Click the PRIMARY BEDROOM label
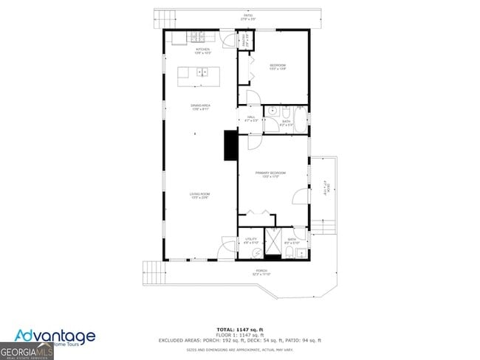click(x=270, y=174)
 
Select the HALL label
click(x=250, y=119)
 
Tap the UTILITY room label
click(x=251, y=240)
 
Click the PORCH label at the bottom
click(x=261, y=272)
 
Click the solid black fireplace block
click(x=230, y=145)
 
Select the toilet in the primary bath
click(x=287, y=254)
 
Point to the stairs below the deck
click(x=323, y=225)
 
